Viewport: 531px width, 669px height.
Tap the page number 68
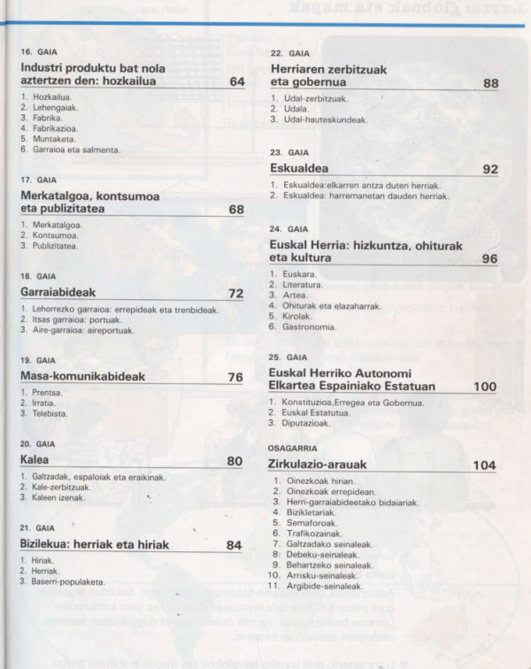(x=235, y=210)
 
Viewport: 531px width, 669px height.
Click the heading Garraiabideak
(x=58, y=292)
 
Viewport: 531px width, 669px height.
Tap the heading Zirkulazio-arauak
(x=318, y=465)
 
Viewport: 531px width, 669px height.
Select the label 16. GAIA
(x=38, y=52)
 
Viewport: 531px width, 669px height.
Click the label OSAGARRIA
(x=292, y=449)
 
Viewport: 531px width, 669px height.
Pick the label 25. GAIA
(x=289, y=358)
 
